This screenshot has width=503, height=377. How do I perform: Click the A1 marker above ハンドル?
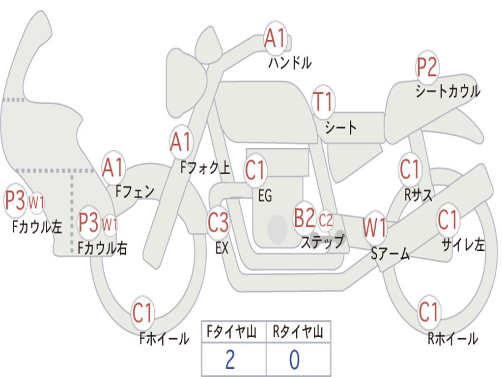click(275, 38)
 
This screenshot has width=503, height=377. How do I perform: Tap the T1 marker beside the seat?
click(323, 103)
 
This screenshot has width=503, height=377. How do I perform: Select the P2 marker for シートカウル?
click(427, 68)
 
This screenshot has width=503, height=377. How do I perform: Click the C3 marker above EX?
click(218, 223)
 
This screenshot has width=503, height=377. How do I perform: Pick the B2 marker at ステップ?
click(305, 218)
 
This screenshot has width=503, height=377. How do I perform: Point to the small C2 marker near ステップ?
click(326, 220)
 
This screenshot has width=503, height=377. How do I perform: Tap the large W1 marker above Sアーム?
click(375, 227)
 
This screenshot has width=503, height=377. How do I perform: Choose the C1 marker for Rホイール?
click(428, 312)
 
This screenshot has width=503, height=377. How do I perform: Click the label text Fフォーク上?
click(205, 168)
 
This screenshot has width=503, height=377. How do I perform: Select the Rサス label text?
click(419, 195)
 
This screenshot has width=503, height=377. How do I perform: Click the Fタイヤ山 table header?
click(233, 333)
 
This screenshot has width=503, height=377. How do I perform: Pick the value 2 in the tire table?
click(230, 360)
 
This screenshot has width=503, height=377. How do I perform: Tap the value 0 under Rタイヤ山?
click(294, 360)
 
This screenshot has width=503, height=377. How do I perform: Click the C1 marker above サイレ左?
click(447, 220)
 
